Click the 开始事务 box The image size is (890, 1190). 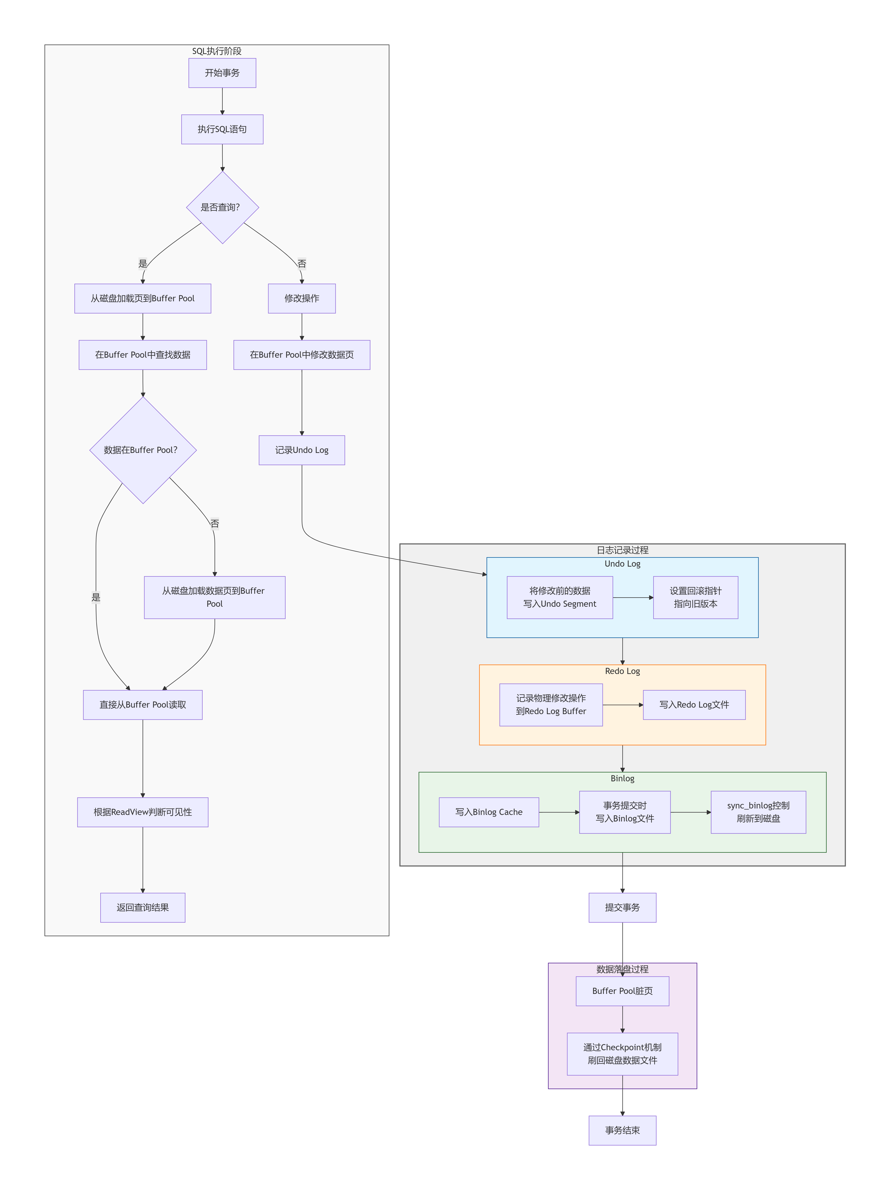click(222, 73)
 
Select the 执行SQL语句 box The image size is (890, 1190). click(222, 129)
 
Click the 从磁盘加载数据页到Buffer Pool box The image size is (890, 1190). click(215, 597)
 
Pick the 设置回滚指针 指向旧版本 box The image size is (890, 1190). click(695, 597)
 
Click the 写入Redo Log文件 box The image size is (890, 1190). click(694, 705)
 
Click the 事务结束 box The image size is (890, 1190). click(622, 1130)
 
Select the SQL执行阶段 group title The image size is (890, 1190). click(217, 51)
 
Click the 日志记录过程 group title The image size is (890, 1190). click(622, 550)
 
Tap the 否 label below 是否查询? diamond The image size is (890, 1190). click(302, 264)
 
